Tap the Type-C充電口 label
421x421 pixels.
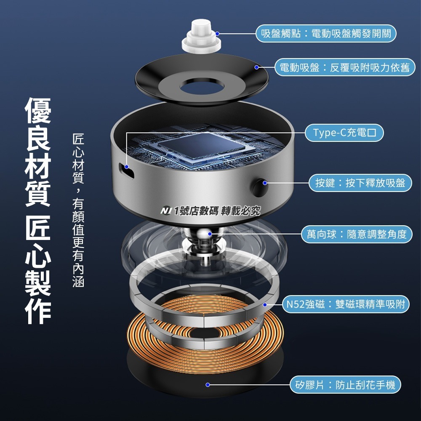[345, 133]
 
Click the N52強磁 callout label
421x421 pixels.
[345, 304]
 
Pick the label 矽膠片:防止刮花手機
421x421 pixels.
[345, 384]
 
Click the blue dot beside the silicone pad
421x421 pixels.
[207, 384]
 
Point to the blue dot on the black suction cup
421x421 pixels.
[256, 67]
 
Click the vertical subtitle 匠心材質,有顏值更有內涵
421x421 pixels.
[78, 210]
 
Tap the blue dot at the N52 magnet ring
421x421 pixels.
[265, 304]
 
